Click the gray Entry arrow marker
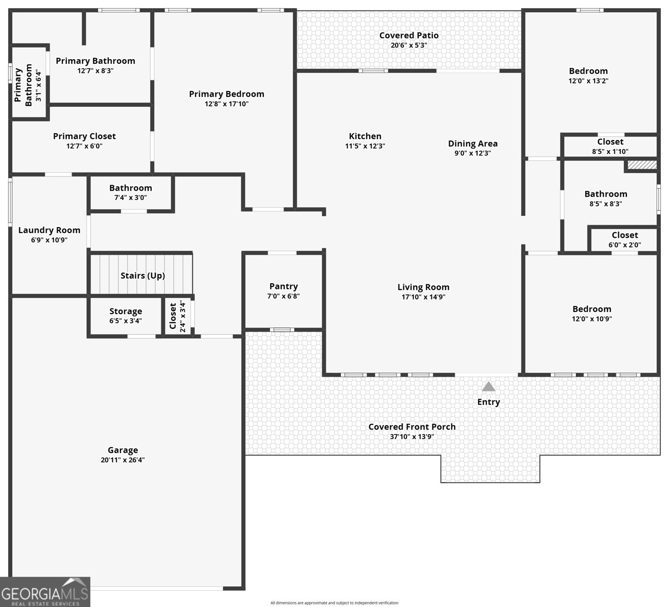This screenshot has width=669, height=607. (488, 386)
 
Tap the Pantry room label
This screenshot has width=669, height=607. (284, 286)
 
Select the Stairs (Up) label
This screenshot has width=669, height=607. (143, 276)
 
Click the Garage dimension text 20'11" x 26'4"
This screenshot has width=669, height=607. (123, 460)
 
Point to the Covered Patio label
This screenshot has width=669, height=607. (409, 35)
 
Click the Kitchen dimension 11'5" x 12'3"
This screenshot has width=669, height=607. (365, 146)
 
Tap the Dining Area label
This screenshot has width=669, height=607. (473, 144)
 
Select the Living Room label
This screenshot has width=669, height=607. (424, 287)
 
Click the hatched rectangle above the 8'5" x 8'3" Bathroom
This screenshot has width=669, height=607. (642, 165)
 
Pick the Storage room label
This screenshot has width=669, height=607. (126, 312)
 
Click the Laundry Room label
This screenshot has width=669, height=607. (50, 230)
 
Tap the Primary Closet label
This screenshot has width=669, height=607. (84, 136)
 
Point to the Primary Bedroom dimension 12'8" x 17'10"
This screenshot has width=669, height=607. (227, 104)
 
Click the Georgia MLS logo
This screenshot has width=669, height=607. (45, 592)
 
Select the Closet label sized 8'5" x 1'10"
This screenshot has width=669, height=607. (610, 142)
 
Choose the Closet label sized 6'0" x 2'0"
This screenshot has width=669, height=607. (625, 235)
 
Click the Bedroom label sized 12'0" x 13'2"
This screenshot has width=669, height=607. (588, 71)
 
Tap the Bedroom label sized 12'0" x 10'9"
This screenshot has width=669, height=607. (592, 309)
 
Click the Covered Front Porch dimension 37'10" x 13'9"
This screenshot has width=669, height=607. (412, 437)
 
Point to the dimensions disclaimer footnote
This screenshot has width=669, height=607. (334, 602)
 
